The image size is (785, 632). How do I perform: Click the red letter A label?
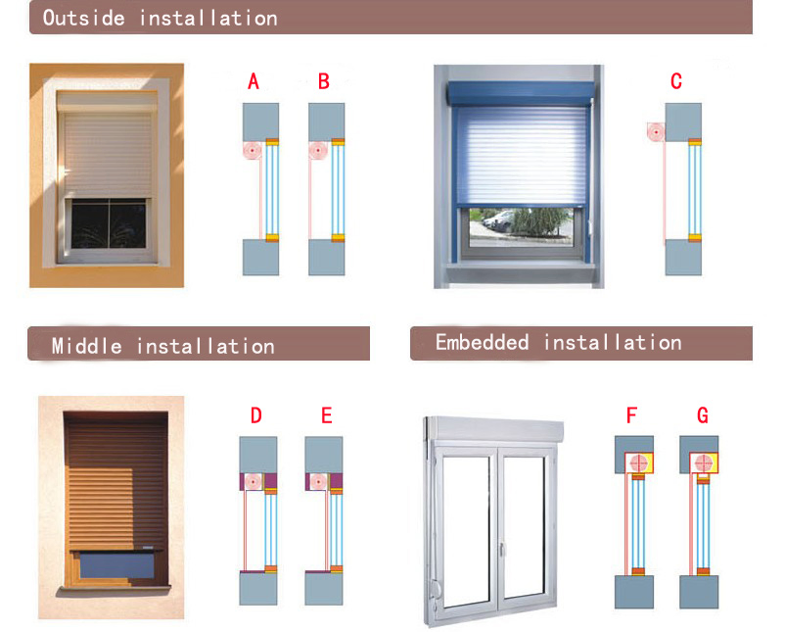click(x=254, y=81)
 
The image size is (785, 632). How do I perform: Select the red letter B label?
click(x=324, y=81)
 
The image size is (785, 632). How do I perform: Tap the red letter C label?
click(x=676, y=81)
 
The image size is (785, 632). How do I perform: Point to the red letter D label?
click(x=256, y=415)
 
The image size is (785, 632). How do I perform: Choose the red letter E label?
click(x=327, y=415)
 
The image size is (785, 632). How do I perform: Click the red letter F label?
click(x=632, y=415)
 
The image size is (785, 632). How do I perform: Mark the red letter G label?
click(x=703, y=415)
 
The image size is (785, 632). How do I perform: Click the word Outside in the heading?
click(x=87, y=18)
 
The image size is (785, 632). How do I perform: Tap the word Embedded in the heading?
click(x=483, y=342)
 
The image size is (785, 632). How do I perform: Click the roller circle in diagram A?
click(x=253, y=151)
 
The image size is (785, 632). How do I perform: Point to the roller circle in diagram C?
click(x=656, y=131)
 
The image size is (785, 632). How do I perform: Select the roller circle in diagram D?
click(x=254, y=481)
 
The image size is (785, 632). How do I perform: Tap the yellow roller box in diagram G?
click(x=703, y=462)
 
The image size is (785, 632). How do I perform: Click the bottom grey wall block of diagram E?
click(x=324, y=589)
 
